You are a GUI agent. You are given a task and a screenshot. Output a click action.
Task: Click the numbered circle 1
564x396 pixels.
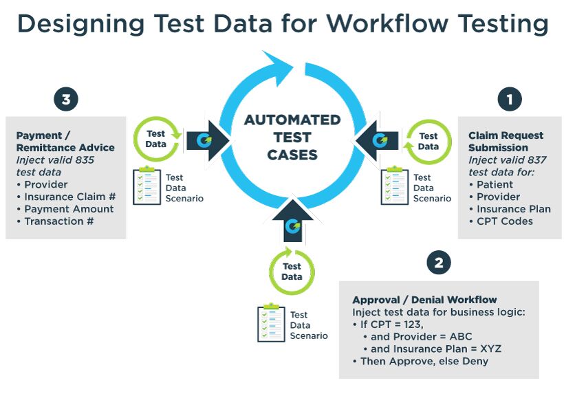509,100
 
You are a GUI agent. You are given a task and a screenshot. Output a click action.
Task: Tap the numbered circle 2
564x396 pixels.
438,262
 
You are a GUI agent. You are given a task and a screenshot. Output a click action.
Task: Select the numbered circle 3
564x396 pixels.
65,100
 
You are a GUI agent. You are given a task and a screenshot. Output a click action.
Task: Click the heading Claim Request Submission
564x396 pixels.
506,142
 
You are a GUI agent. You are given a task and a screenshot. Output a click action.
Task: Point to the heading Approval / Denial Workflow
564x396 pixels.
424,300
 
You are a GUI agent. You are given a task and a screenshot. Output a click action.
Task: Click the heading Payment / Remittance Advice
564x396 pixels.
65,142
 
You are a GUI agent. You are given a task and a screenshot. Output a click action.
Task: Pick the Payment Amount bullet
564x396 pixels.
69,209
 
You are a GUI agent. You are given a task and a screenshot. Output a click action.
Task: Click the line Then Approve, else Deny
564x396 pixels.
424,361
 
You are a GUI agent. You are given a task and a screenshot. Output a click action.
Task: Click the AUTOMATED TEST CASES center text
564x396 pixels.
292,137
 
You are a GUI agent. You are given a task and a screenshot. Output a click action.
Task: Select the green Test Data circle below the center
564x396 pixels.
292,271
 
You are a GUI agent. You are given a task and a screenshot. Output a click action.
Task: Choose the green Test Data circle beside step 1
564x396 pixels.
428,141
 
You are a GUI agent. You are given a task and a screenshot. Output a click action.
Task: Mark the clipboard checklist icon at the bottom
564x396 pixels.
271,323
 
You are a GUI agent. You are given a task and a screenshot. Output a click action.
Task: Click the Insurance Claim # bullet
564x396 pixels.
69,197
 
